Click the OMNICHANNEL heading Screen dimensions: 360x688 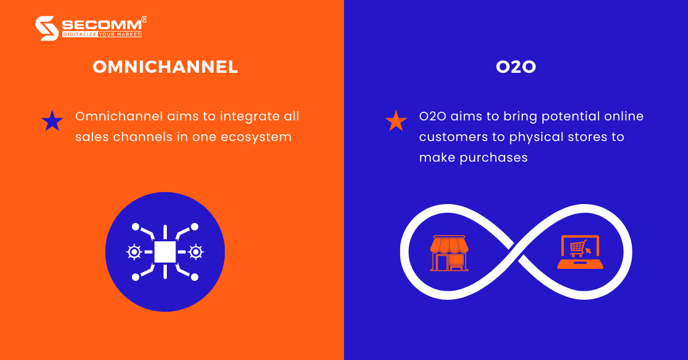(x=165, y=67)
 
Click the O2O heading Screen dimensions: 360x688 (x=516, y=67)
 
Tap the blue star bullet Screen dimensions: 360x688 (x=52, y=121)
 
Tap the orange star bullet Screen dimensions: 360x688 (x=396, y=121)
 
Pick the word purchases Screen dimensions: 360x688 (x=494, y=158)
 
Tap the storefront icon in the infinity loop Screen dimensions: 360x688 (x=449, y=253)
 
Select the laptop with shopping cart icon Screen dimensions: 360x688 (x=580, y=253)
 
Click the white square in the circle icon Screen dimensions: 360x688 (x=165, y=252)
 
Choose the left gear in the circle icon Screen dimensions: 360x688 (x=134, y=252)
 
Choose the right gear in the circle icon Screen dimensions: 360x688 (x=196, y=252)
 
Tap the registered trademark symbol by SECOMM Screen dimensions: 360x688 (x=144, y=19)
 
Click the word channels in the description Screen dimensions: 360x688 (x=135, y=137)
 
